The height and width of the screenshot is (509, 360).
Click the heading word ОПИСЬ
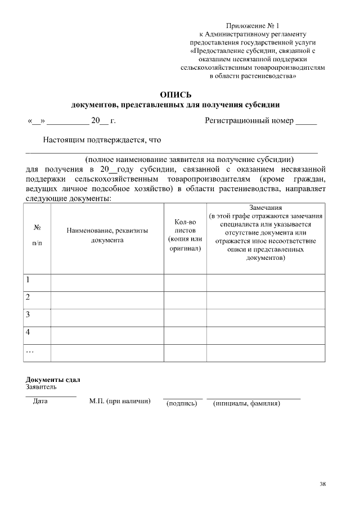click(x=175, y=94)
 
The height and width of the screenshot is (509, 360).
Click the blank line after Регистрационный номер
click(x=306, y=121)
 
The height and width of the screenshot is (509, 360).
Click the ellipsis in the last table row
click(x=30, y=351)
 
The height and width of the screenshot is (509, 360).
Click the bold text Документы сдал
click(x=53, y=380)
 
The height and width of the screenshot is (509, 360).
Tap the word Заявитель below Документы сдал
click(x=41, y=387)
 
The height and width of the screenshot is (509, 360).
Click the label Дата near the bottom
click(x=40, y=402)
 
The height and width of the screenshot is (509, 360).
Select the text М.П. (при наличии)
click(x=120, y=402)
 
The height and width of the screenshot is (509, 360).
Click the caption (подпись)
click(x=182, y=403)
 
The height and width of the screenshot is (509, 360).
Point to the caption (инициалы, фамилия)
click(x=246, y=403)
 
